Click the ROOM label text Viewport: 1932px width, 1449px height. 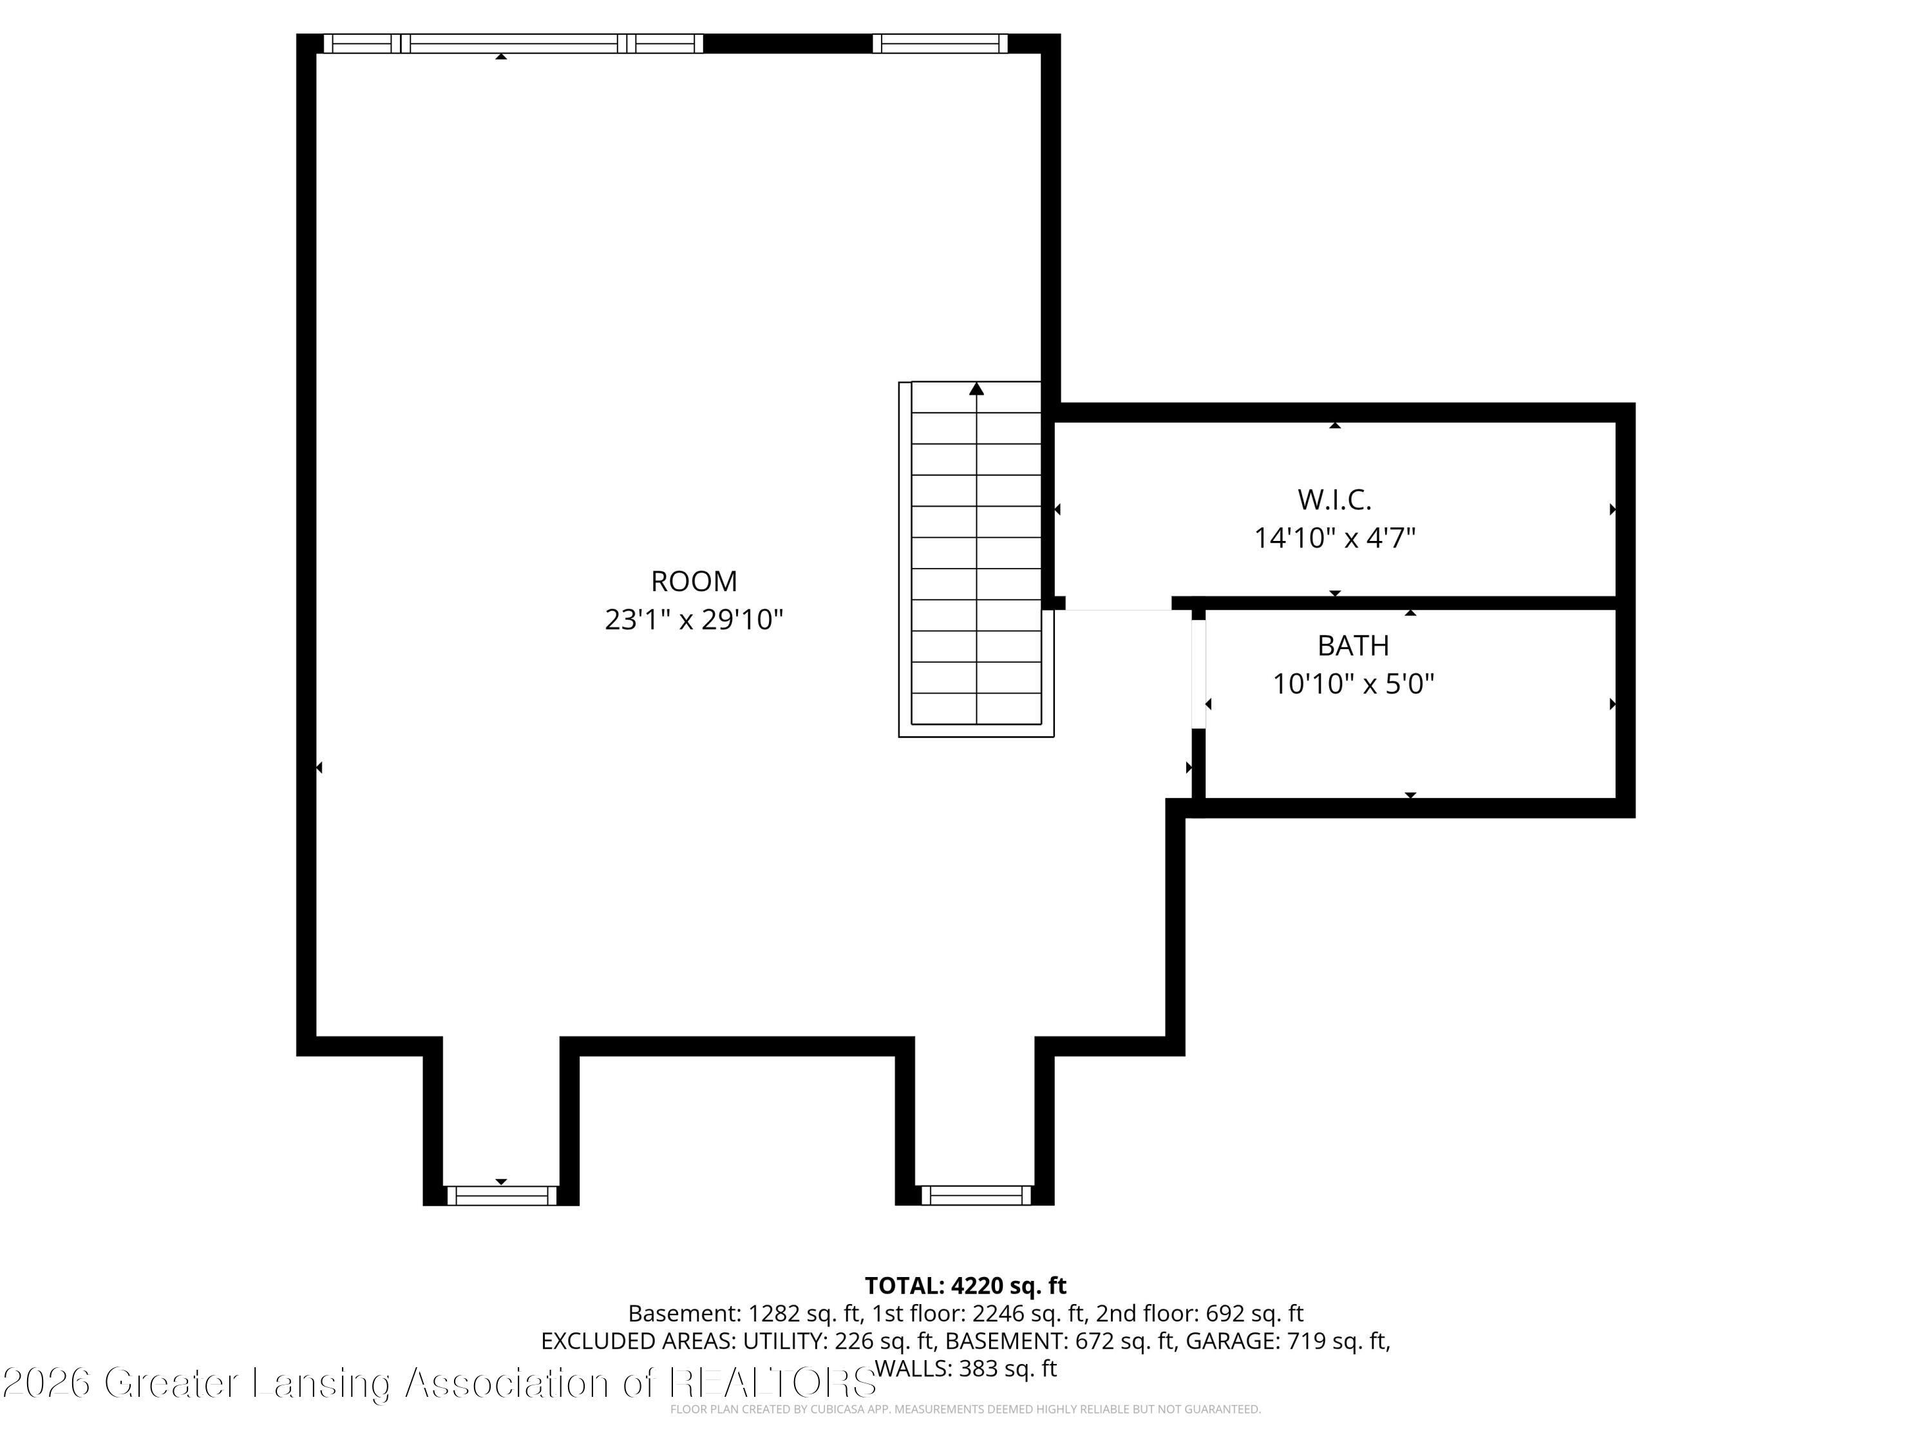tap(694, 582)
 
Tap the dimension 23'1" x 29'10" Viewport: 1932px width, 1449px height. tap(694, 620)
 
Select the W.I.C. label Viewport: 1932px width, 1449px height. tap(1334, 500)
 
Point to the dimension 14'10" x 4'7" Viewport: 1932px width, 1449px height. tap(1334, 538)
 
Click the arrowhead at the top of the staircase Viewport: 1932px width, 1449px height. tap(976, 389)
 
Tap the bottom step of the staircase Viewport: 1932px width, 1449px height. tap(976, 709)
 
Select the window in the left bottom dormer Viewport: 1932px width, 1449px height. tap(501, 1196)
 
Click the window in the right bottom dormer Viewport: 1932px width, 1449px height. tap(976, 1196)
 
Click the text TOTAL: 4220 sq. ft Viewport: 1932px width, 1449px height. tap(965, 1285)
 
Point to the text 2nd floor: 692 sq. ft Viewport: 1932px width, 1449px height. tap(1199, 1314)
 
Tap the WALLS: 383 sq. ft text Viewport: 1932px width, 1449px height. tap(965, 1368)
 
